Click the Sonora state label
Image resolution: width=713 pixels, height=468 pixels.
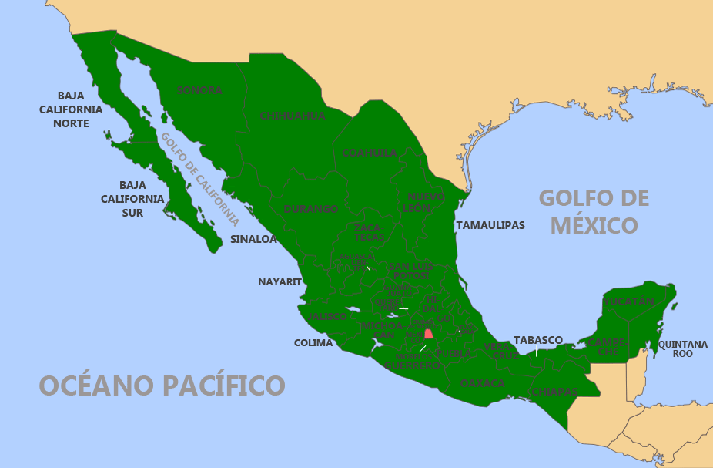pyautogui.click(x=199, y=90)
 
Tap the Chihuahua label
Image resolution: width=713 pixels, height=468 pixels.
pyautogui.click(x=293, y=116)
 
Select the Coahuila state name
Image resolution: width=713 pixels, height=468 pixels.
pyautogui.click(x=370, y=153)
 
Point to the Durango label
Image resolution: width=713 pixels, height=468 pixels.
pyautogui.click(x=311, y=209)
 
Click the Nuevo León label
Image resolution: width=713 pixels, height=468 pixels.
pyautogui.click(x=426, y=203)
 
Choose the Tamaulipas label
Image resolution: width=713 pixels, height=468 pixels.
pyautogui.click(x=490, y=225)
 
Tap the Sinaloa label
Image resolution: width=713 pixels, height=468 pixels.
pyautogui.click(x=253, y=239)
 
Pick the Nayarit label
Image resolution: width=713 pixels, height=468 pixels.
pyautogui.click(x=280, y=281)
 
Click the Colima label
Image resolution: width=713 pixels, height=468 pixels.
pyautogui.click(x=313, y=342)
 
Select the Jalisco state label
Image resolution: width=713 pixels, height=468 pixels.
pyautogui.click(x=327, y=317)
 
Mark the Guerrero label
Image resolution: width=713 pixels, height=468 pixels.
pyautogui.click(x=412, y=365)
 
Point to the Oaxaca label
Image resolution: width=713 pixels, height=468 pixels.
pyautogui.click(x=483, y=383)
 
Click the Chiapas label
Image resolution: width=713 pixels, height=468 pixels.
pyautogui.click(x=554, y=392)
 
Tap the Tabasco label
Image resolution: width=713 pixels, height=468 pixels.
pyautogui.click(x=538, y=340)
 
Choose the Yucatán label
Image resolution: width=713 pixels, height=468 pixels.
pyautogui.click(x=628, y=301)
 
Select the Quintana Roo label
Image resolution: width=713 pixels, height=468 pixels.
pyautogui.click(x=682, y=348)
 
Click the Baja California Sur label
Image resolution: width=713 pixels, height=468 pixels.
pyautogui.click(x=132, y=199)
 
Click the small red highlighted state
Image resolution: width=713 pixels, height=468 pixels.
pyautogui.click(x=429, y=334)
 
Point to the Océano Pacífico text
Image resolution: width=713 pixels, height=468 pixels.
pyautogui.click(x=162, y=384)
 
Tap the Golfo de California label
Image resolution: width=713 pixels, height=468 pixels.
pyautogui.click(x=199, y=178)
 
